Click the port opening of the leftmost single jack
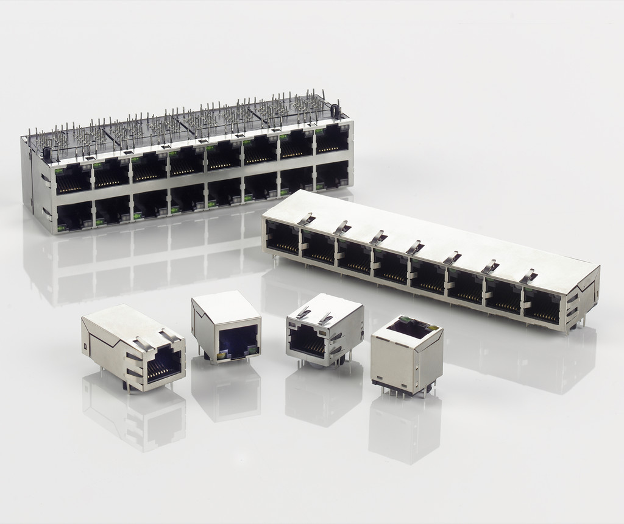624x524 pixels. pos(163,364)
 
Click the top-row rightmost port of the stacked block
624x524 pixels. pos(332,140)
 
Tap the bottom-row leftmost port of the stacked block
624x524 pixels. pos(74,217)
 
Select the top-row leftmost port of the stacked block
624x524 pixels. pos(74,179)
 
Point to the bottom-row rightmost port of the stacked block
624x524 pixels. pos(332,175)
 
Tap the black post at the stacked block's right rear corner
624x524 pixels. pos(334,110)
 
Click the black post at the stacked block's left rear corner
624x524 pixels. pos(47,153)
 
